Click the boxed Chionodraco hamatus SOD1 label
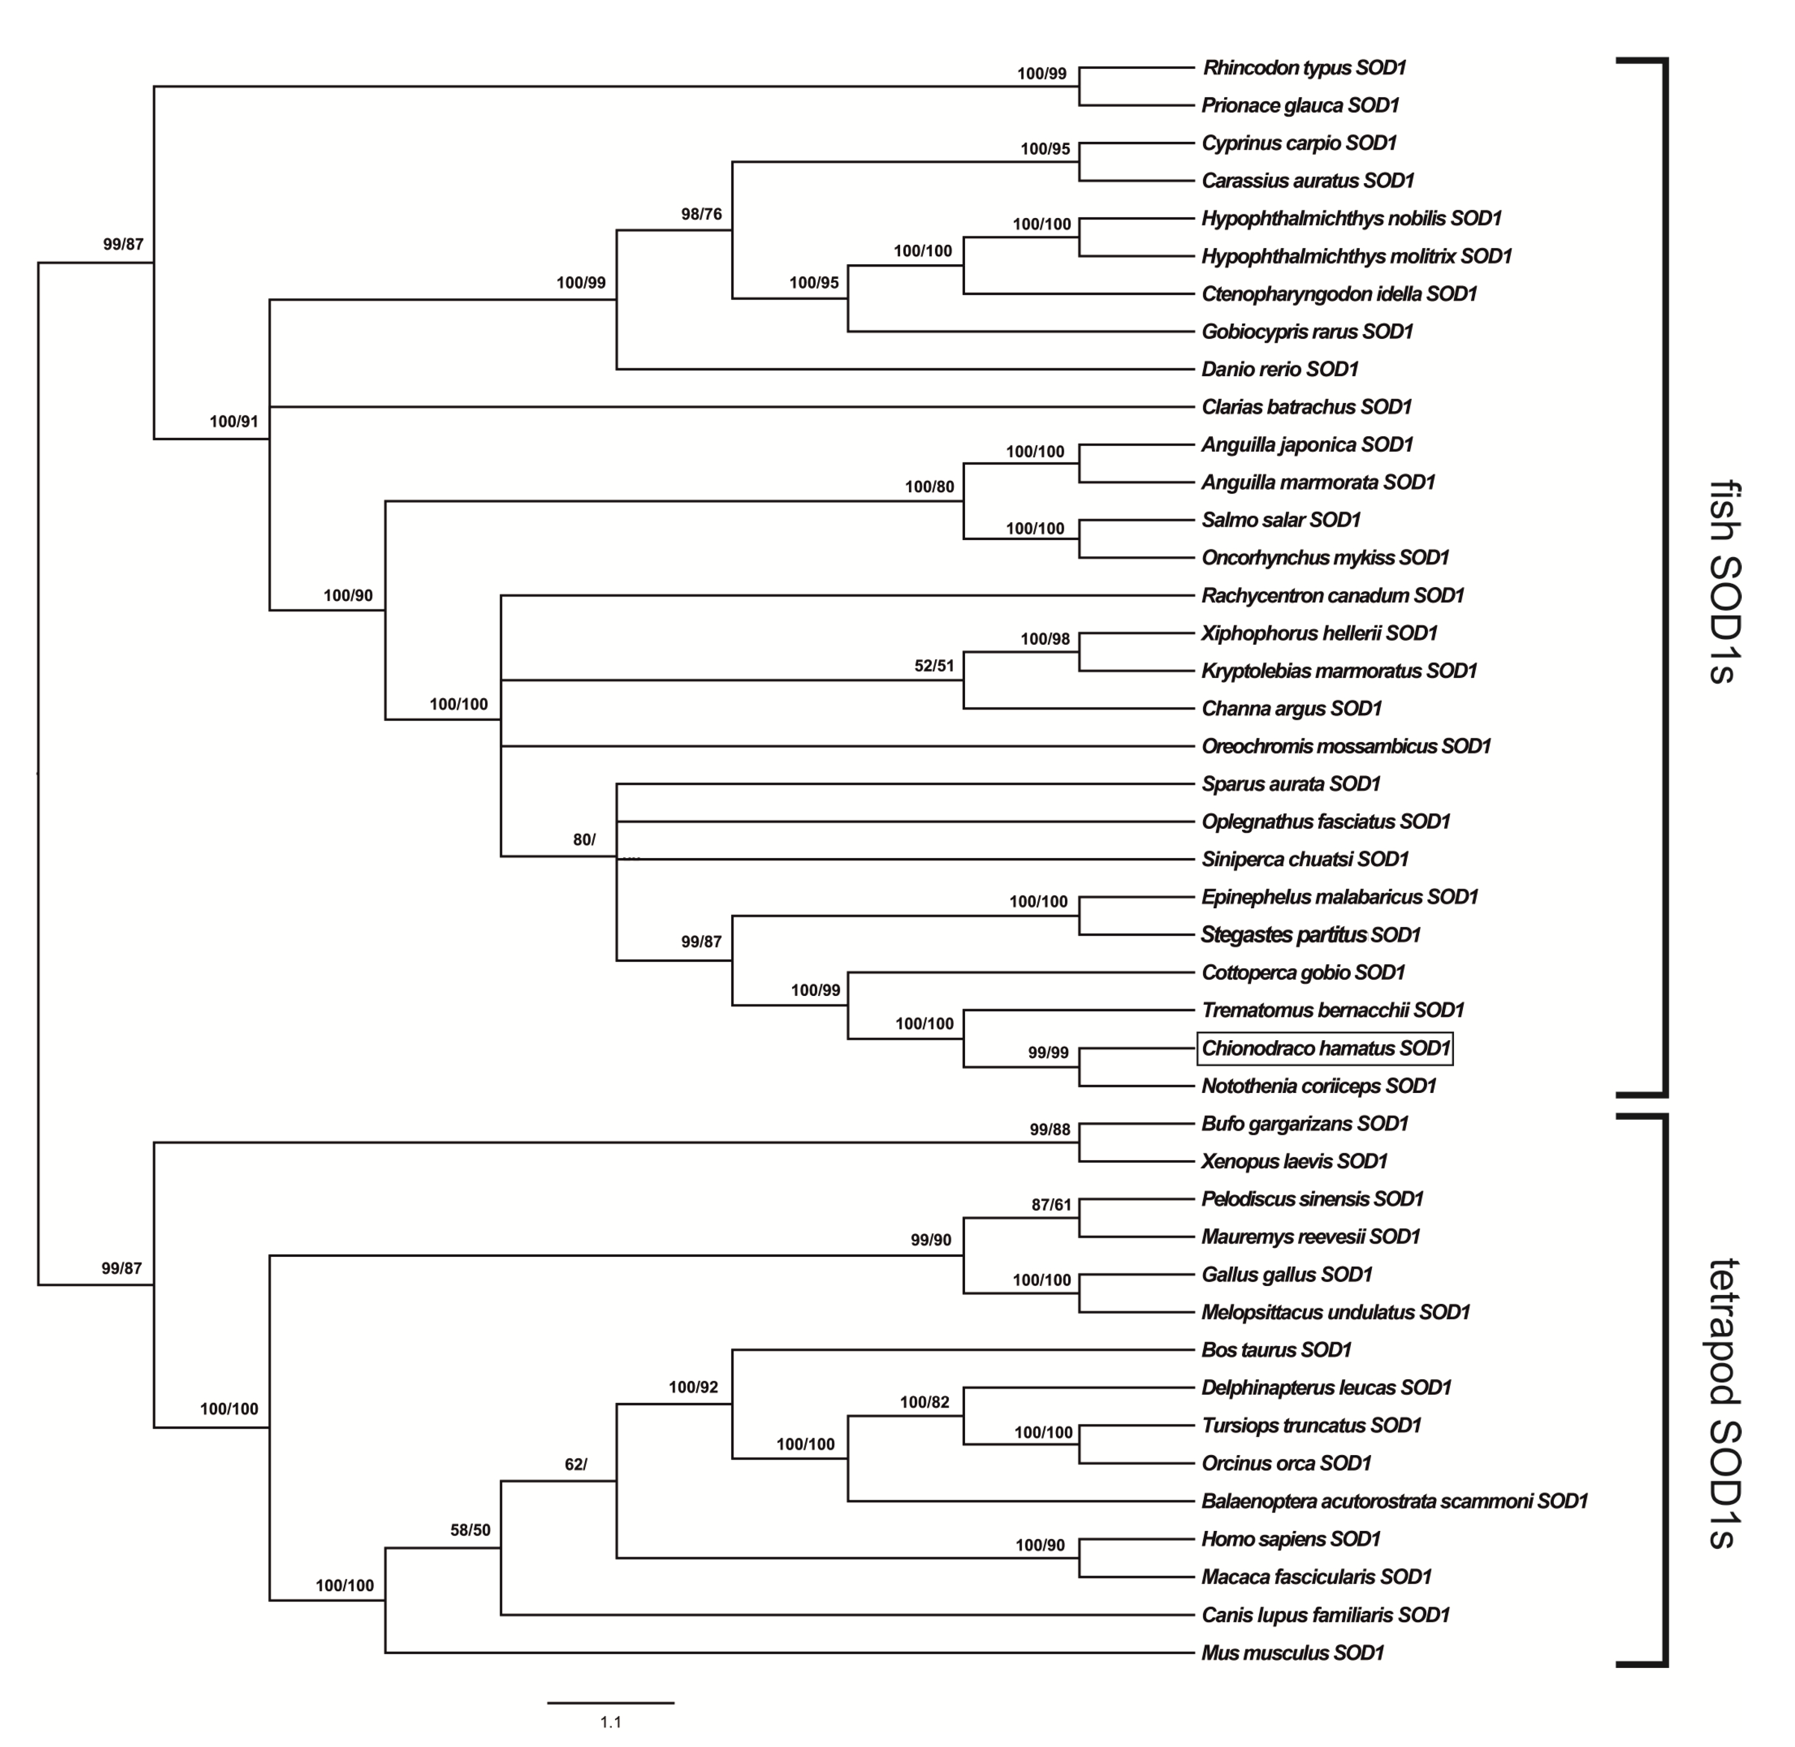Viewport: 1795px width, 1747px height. click(x=1325, y=1048)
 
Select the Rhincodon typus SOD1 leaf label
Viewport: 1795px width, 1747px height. click(x=1304, y=68)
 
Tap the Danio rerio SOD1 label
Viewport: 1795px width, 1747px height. click(x=1279, y=369)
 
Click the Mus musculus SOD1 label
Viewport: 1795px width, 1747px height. click(x=1292, y=1652)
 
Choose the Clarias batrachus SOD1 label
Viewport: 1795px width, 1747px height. click(x=1306, y=406)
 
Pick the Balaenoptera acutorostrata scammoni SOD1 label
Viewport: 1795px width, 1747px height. click(x=1394, y=1501)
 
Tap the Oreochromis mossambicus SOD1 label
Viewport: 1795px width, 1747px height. click(x=1345, y=746)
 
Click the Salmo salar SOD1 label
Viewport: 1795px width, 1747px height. click(x=1280, y=519)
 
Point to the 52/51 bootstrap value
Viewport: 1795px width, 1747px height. click(x=934, y=665)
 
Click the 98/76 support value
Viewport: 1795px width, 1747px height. click(x=701, y=214)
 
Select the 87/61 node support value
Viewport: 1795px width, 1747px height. click(x=1051, y=1204)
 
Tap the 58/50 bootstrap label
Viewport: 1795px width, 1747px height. click(x=470, y=1529)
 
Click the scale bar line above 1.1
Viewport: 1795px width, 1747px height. click(x=610, y=1703)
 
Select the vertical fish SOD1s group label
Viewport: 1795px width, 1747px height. click(x=1725, y=582)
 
